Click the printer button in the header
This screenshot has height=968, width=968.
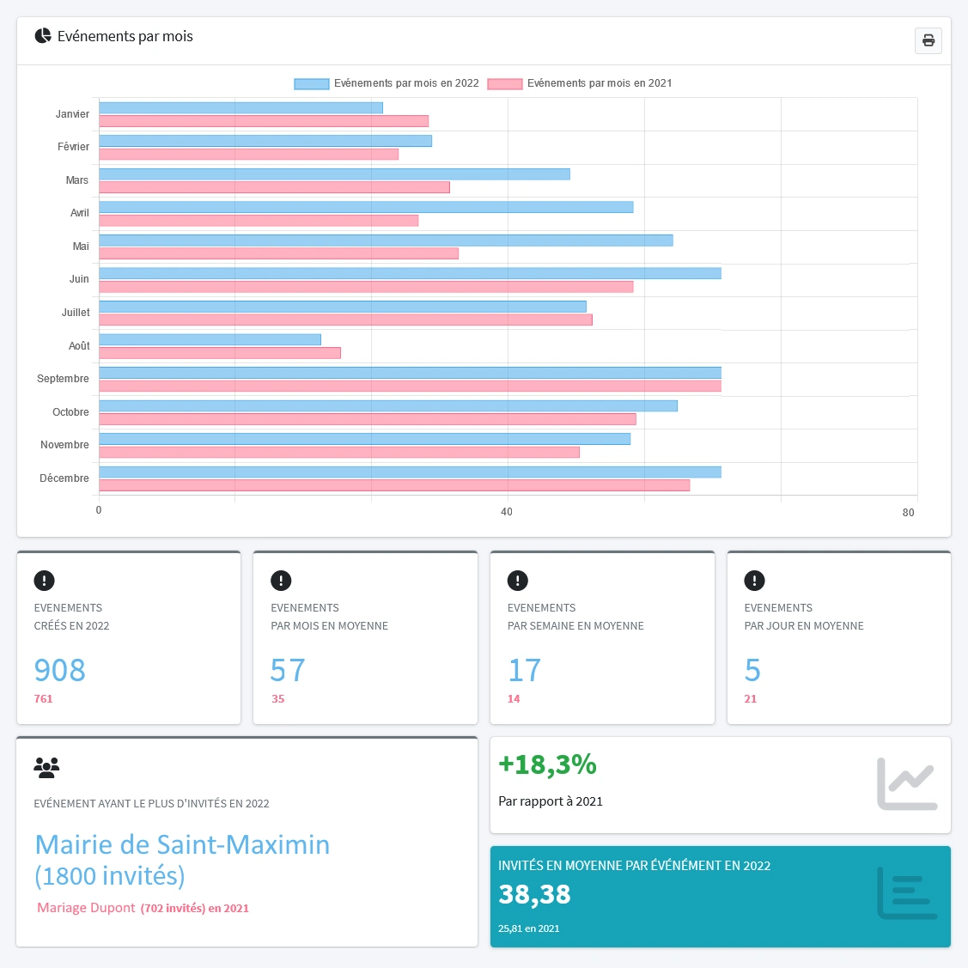point(928,40)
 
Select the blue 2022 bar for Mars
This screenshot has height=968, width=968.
point(334,174)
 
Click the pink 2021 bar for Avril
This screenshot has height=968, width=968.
point(259,221)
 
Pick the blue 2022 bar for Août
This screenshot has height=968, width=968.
point(210,340)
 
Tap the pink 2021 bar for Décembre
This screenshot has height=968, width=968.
point(394,485)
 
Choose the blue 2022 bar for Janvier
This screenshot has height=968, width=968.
point(240,108)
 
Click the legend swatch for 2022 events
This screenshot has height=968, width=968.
point(312,84)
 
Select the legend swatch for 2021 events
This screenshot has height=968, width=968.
point(505,84)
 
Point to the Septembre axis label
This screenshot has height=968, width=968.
point(63,379)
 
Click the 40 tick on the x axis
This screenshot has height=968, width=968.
point(507,512)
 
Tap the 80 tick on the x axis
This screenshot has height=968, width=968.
point(908,513)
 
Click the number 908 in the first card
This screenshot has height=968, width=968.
point(60,670)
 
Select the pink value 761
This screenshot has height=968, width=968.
point(44,699)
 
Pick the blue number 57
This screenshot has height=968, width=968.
point(288,670)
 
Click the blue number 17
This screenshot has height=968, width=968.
point(524,670)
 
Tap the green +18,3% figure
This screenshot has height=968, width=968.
point(547,764)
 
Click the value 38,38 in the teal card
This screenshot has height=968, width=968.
point(534,894)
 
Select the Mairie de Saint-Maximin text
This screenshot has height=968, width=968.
point(182,844)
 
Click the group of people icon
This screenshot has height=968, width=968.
point(46,767)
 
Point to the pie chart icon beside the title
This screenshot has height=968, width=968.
point(43,36)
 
